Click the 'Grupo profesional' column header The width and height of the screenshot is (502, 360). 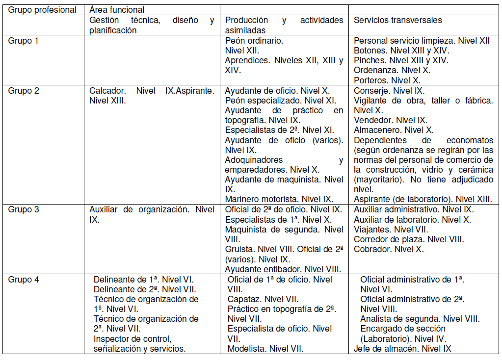42,10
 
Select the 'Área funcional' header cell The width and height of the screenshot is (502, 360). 116,10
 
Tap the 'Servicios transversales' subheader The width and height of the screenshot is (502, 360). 397,21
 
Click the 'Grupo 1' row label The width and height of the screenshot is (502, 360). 23,41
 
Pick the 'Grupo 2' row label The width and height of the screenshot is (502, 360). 23,91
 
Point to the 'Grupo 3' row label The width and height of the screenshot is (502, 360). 23,209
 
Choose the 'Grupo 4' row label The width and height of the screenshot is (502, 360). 23,280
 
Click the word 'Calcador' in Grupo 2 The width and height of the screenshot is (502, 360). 105,91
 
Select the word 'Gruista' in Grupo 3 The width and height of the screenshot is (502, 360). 239,249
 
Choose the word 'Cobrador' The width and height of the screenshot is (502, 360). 372,249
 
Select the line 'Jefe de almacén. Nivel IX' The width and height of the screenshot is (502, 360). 402,349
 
